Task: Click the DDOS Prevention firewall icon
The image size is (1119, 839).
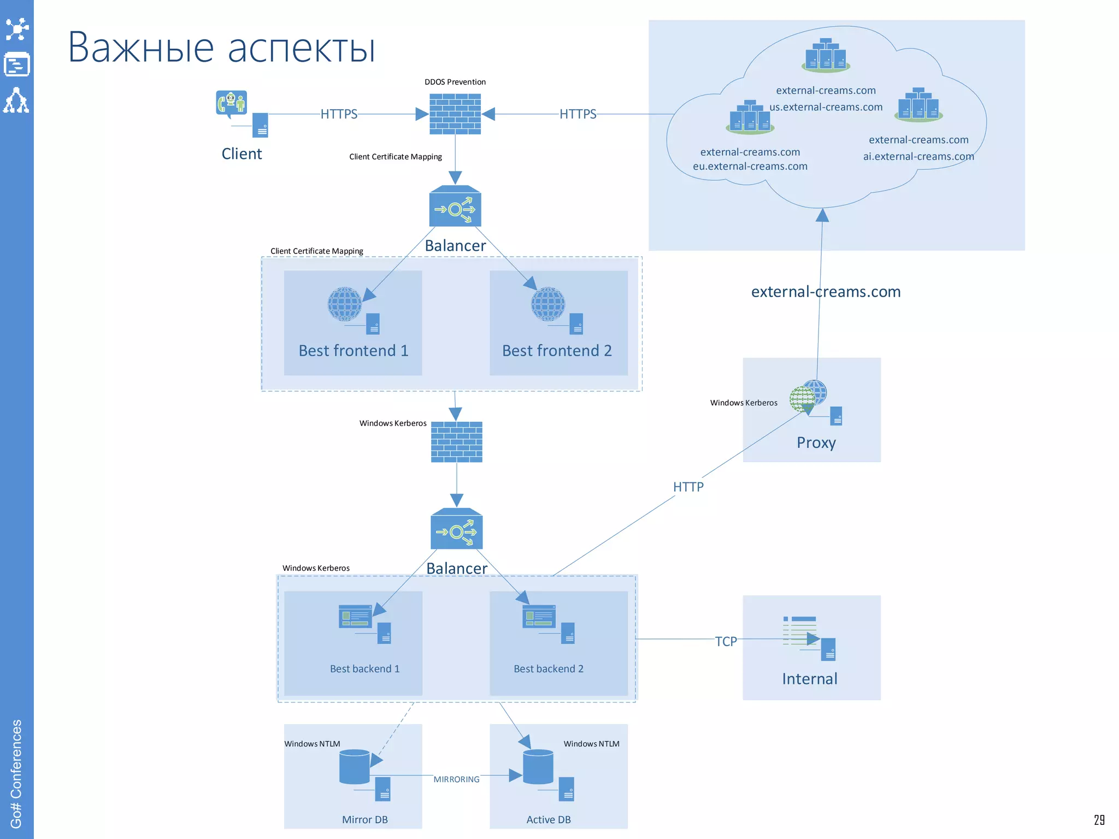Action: tap(455, 114)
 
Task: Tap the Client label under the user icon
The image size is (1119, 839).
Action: tap(242, 154)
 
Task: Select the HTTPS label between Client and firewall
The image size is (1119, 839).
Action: tap(339, 114)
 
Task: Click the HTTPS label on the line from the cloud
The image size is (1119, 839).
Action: tap(578, 114)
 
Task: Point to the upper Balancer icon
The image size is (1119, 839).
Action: tap(455, 206)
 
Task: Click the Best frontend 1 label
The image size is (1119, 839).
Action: tap(354, 351)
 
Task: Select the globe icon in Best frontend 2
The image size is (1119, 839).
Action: tap(547, 304)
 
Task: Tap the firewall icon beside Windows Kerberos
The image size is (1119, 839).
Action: tap(457, 441)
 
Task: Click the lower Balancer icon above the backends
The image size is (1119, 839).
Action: tap(457, 529)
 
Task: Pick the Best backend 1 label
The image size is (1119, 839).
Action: tap(364, 669)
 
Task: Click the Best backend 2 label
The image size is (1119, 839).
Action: tap(549, 669)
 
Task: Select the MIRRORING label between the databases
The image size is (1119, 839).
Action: tap(456, 779)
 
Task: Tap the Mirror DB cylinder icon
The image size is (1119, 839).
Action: tap(355, 767)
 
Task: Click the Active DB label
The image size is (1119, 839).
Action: tap(549, 819)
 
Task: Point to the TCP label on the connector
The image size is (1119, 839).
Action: tap(726, 641)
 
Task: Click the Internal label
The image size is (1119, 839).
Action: tap(809, 679)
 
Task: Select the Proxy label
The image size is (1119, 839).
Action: tap(816, 442)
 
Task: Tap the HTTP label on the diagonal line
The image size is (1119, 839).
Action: tap(688, 487)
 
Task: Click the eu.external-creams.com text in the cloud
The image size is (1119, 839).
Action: tap(750, 166)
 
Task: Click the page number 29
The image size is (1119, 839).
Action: tap(1099, 820)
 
